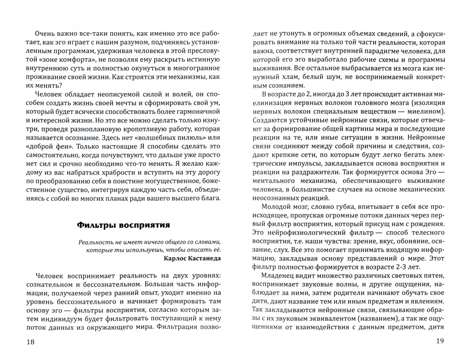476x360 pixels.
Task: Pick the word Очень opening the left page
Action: (x=46, y=34)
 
